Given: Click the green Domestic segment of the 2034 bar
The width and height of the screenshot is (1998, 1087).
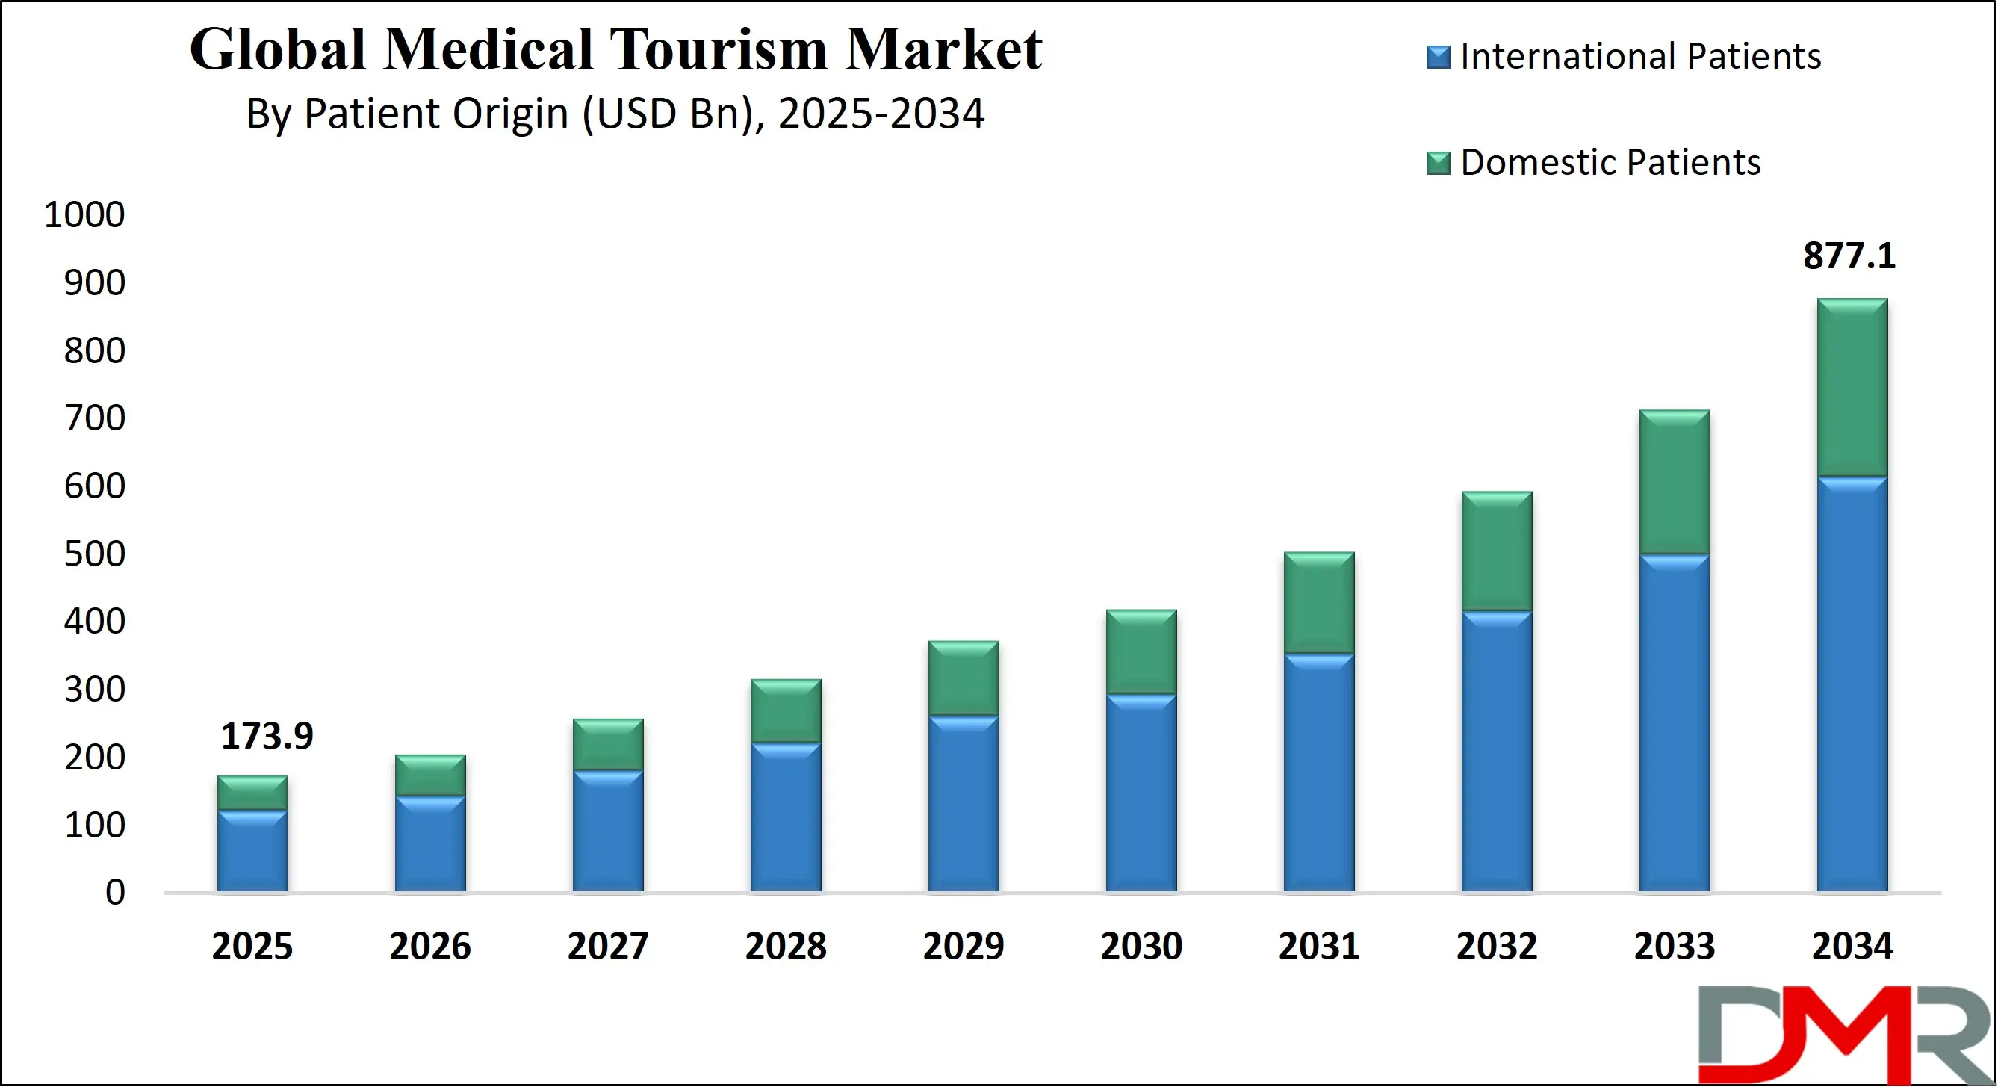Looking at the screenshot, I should click(x=1852, y=387).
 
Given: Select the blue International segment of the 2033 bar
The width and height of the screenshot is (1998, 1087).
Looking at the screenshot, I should click(x=1674, y=722).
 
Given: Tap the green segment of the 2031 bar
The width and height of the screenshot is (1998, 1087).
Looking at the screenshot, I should click(x=1318, y=603).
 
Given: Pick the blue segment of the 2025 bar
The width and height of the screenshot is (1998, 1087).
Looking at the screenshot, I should click(x=252, y=850).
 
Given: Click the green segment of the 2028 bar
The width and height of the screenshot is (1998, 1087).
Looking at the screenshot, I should click(x=786, y=710).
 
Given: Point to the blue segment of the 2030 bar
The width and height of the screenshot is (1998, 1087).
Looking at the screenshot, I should click(x=1141, y=792).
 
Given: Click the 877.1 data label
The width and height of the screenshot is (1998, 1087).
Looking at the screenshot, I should click(x=1849, y=256).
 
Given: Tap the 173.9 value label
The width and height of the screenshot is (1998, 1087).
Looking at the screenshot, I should click(x=267, y=736).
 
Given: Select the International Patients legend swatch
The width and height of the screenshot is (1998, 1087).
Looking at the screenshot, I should click(x=1438, y=58).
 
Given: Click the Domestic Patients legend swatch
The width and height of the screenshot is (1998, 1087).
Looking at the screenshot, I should click(x=1438, y=163).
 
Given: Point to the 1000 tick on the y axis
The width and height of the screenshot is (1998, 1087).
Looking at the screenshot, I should click(x=84, y=215).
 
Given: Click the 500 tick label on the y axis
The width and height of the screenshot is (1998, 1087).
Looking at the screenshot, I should click(x=95, y=554).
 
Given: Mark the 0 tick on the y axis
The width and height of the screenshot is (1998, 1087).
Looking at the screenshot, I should click(x=115, y=892).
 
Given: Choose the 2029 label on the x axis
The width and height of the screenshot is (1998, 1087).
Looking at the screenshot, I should click(x=964, y=946).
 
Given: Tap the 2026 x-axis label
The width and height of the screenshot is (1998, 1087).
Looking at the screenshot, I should click(x=429, y=946).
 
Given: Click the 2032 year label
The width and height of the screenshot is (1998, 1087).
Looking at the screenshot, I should click(x=1496, y=946).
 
